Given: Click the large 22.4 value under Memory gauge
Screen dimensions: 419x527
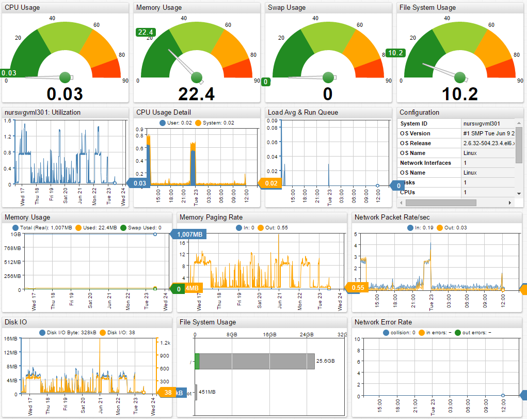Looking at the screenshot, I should click(x=196, y=94).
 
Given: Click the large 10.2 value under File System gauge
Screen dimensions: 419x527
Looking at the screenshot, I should click(x=459, y=94).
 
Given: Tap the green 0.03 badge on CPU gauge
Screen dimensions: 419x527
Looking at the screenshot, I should click(x=9, y=73).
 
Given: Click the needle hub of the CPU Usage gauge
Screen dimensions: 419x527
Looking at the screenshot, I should click(x=65, y=77).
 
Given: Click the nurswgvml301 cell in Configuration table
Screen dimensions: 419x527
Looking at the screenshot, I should click(x=481, y=123).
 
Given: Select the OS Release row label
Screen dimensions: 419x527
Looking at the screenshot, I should click(x=416, y=143).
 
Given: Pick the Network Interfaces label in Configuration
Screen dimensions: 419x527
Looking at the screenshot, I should click(x=425, y=163).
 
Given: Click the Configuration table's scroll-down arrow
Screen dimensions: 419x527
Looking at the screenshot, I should click(x=519, y=193).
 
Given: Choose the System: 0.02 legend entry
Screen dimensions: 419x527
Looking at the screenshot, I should click(x=215, y=123).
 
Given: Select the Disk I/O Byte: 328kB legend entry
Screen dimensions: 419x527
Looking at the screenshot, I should click(x=62, y=332).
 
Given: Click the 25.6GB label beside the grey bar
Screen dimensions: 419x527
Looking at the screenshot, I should click(x=325, y=361).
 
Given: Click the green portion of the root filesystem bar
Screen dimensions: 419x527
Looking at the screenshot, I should click(x=197, y=361).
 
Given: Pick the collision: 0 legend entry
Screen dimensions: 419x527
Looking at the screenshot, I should click(x=400, y=332).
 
